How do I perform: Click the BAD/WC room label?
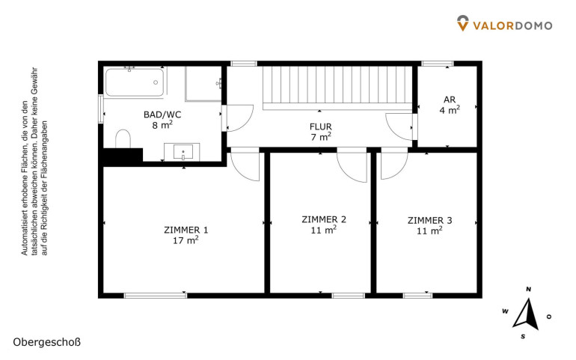pyautogui.click(x=162, y=115)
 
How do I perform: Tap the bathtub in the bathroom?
pyautogui.click(x=135, y=82)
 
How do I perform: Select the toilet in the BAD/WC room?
pyautogui.click(x=123, y=138)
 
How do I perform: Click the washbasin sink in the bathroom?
pyautogui.click(x=182, y=152)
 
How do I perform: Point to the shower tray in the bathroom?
pyautogui.click(x=203, y=84)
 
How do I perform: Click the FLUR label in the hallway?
pyautogui.click(x=321, y=127)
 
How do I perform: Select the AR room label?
pyautogui.click(x=450, y=100)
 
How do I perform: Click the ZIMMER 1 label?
pyautogui.click(x=186, y=231)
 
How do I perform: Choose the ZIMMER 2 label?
pyautogui.click(x=324, y=219)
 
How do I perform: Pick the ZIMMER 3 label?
pyautogui.click(x=430, y=221)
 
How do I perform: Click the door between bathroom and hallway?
pyautogui.click(x=238, y=118)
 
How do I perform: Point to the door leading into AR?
pyautogui.click(x=399, y=127)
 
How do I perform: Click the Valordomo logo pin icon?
pyautogui.click(x=463, y=22)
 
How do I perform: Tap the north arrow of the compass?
pyautogui.click(x=527, y=314)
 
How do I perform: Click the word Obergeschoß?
pyautogui.click(x=46, y=342)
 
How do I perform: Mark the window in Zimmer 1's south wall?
pyautogui.click(x=156, y=296)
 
